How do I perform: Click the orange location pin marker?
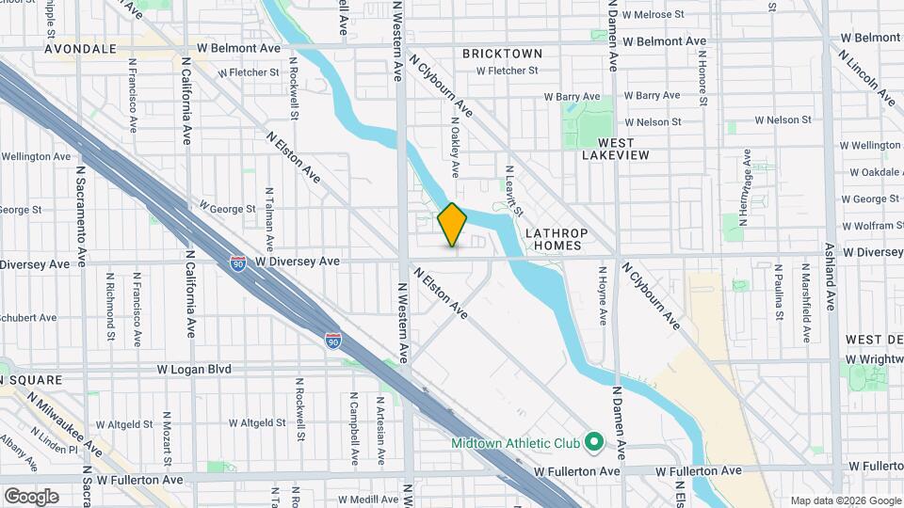pos(452,224)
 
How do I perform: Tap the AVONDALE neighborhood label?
pos(79,48)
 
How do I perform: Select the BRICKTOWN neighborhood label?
pos(502,54)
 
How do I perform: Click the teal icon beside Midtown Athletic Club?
pos(594,440)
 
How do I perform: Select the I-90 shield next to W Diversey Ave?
pos(239,264)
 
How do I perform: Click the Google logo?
pos(31,496)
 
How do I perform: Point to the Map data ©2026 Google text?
pos(845,500)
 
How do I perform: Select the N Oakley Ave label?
pos(454,146)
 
